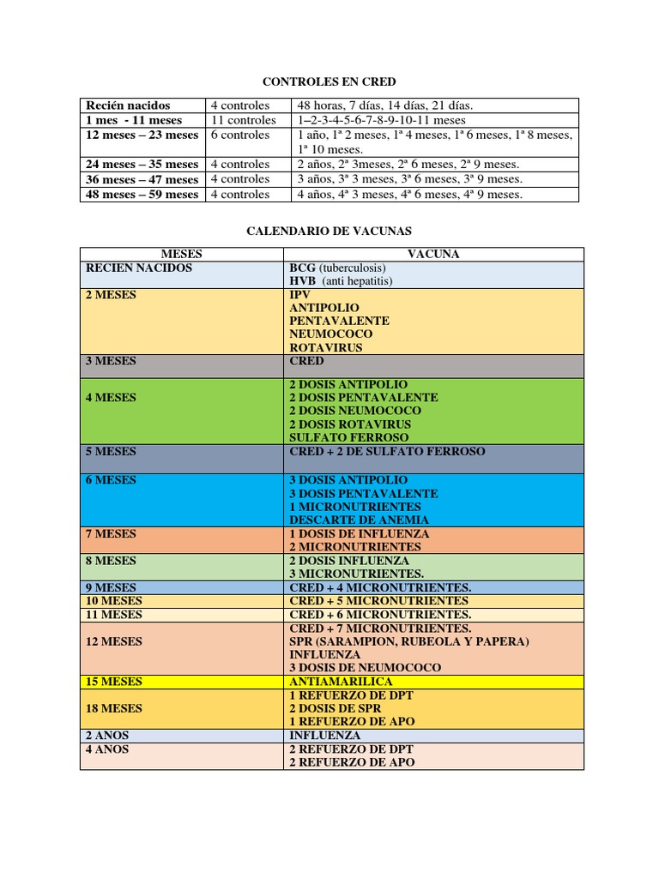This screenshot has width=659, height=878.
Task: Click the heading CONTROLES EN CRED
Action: [x=329, y=81]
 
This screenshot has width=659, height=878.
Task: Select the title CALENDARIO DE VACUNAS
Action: [x=329, y=231]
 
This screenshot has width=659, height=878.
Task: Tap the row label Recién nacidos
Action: [x=128, y=105]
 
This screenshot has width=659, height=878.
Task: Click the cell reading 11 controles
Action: [x=244, y=120]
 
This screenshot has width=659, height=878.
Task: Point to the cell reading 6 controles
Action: [x=240, y=135]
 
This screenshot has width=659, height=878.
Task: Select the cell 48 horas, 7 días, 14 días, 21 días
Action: [x=385, y=105]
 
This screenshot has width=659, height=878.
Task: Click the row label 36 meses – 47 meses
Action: [x=142, y=179]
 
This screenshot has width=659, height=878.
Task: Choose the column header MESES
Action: [x=181, y=255]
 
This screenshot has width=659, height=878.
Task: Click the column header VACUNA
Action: [x=433, y=255]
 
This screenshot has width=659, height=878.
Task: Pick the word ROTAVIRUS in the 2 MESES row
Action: [x=325, y=348]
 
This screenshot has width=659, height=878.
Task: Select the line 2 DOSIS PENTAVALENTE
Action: [x=363, y=398]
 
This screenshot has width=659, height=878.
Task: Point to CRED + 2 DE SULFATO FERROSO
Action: [x=387, y=451]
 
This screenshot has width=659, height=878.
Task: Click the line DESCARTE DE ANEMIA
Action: [x=359, y=520]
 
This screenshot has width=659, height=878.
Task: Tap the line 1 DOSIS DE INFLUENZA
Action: [x=359, y=533]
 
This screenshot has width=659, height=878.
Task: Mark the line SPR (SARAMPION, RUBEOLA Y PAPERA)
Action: [x=408, y=641]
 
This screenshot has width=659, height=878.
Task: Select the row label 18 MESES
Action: [x=113, y=708]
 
